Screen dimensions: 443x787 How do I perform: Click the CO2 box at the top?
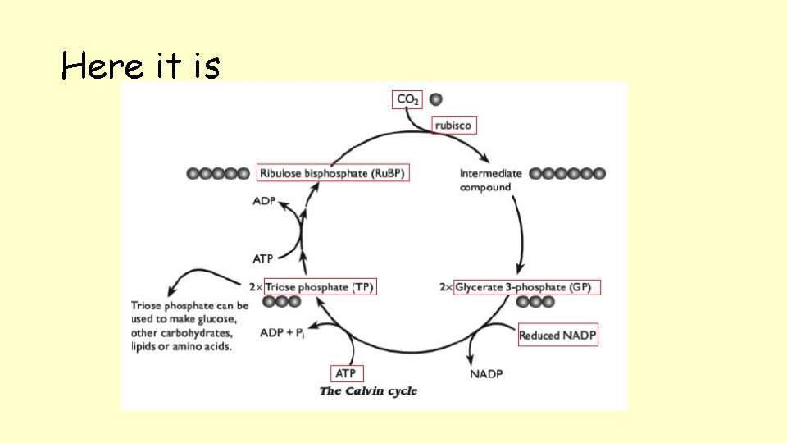pos(407,99)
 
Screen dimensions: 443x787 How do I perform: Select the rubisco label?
pos(453,125)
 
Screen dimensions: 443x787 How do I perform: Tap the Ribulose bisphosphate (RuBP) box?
pos(332,173)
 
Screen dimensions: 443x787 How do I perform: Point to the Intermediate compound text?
pos(490,180)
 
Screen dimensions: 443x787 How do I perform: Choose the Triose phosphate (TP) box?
pos(320,287)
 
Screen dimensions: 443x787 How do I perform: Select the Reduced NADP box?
pos(557,335)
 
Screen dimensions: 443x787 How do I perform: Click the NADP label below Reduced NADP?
pos(486,374)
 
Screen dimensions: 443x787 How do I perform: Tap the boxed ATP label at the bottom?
pos(347,374)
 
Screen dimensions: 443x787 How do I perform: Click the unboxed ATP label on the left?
pos(262,259)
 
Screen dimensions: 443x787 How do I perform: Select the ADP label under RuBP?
pos(264,202)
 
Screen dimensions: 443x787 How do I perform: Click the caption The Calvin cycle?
pos(368,391)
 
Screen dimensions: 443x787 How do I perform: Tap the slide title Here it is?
pos(140,66)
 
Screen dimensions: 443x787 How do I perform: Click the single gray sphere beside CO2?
pos(435,99)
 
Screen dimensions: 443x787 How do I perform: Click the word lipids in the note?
pos(145,347)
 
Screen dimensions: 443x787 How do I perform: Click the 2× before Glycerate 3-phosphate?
pos(445,288)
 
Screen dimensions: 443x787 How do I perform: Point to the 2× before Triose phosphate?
pos(256,288)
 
